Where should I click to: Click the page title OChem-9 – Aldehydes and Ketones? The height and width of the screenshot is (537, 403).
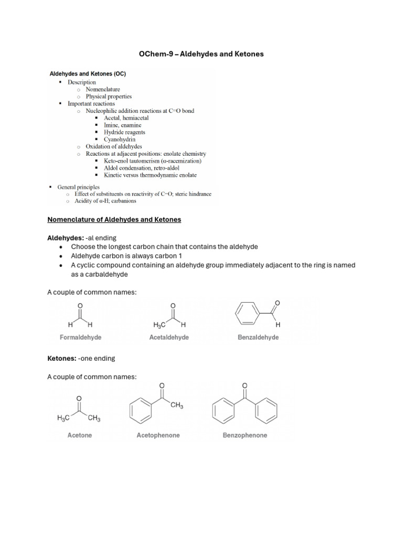201,54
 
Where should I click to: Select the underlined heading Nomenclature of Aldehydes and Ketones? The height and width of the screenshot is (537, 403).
114,220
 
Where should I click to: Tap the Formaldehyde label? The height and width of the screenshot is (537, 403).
81,338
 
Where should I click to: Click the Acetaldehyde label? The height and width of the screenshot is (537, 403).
169,338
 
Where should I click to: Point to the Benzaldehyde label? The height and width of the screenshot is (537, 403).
258,338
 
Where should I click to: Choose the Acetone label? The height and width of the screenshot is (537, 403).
80,435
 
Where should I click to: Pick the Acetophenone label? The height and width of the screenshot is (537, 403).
158,435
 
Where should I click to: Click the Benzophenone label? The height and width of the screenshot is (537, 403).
245,435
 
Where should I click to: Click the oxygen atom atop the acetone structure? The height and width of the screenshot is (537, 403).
79,398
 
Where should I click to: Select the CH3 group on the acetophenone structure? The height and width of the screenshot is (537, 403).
176,405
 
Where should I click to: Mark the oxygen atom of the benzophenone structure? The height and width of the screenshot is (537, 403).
245,386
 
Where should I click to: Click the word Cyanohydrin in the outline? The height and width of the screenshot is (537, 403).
120,139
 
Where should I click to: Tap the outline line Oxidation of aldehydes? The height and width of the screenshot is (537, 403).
114,147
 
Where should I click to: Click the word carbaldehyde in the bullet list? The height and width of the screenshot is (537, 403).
99,275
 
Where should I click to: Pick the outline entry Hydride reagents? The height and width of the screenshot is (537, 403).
124,132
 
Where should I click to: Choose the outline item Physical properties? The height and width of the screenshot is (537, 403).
109,96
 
